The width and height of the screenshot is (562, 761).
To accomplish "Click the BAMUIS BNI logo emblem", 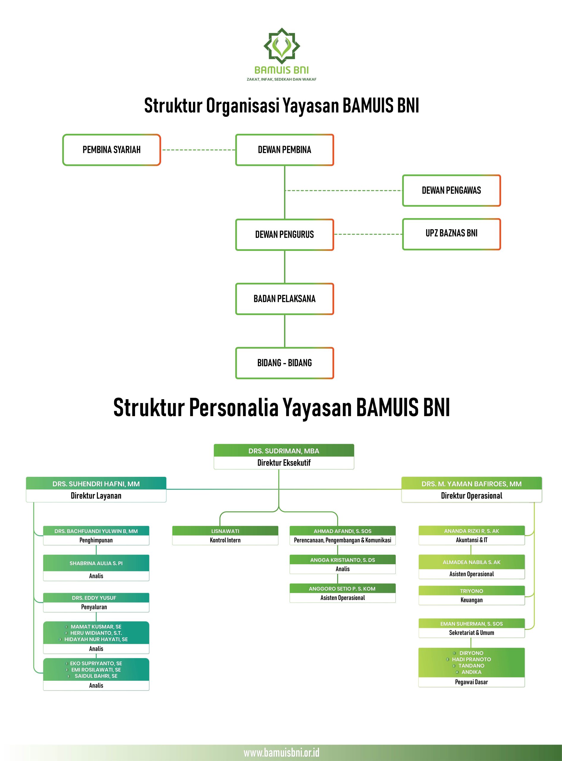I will point(282,45).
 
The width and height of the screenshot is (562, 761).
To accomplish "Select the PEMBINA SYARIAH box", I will point(111,150).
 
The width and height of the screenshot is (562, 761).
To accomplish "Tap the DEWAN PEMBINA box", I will point(284,150).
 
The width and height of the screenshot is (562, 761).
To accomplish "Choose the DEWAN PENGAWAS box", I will point(451,191).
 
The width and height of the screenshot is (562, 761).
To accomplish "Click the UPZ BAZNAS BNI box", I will point(451,234).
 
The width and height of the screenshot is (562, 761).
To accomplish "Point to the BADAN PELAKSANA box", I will point(284,299).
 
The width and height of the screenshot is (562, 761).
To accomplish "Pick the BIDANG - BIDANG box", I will point(284,363).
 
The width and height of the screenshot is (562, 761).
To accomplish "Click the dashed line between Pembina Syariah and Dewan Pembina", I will point(198,150).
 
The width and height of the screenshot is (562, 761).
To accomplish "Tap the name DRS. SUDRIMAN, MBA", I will point(284,451).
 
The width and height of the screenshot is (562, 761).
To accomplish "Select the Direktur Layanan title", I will point(96,496).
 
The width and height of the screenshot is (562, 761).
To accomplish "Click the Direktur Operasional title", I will point(472,496).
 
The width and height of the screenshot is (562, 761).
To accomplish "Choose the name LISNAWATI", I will point(225,531).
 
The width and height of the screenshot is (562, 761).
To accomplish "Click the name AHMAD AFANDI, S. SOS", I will point(342,531).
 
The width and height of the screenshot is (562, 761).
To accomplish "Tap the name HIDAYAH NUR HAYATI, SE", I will point(96,639).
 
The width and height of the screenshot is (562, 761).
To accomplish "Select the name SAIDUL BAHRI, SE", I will point(96,676).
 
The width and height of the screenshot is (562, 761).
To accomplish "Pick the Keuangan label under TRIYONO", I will point(472,600).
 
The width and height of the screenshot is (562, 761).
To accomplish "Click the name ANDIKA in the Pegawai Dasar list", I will point(472,672).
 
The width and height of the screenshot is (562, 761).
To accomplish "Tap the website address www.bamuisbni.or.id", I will point(282,752).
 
